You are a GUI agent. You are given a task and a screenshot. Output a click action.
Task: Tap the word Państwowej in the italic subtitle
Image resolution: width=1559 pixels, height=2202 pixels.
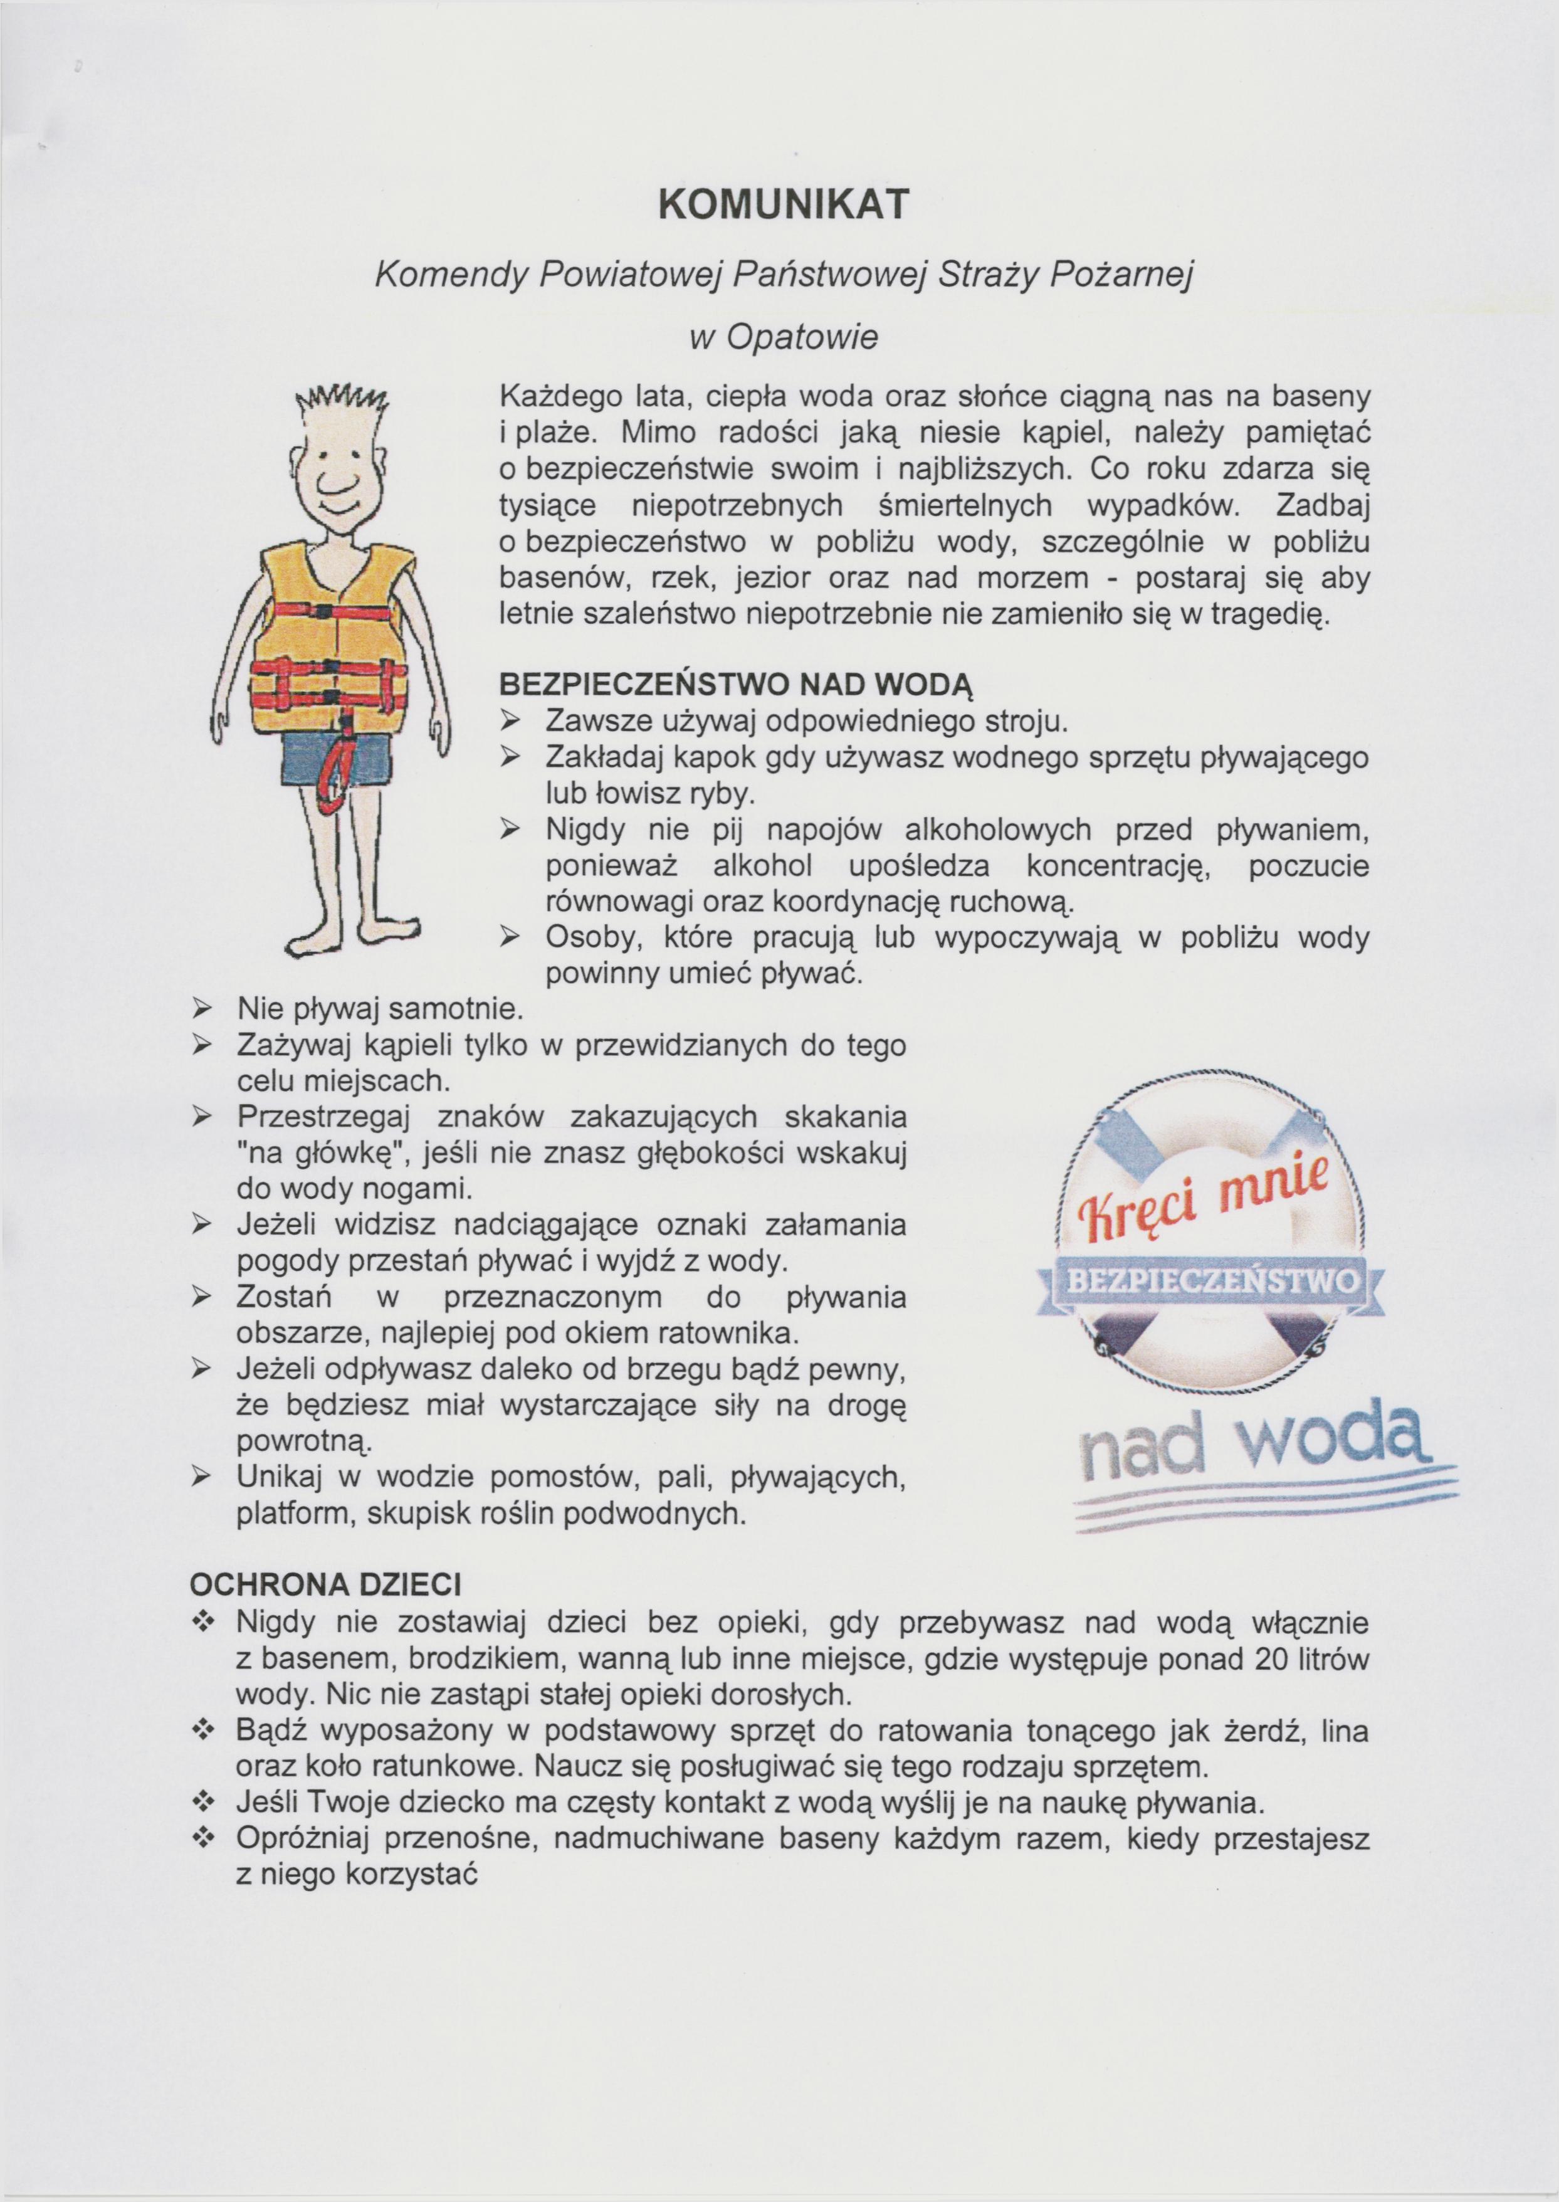point(829,277)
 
